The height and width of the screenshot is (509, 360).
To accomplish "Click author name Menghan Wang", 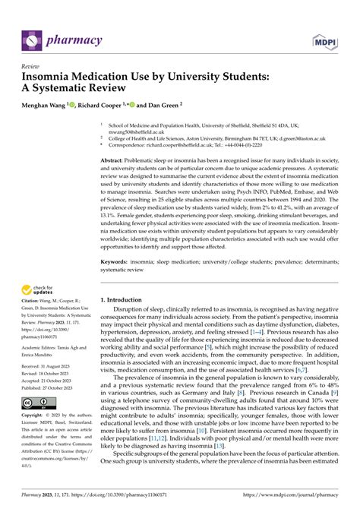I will (49, 106).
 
